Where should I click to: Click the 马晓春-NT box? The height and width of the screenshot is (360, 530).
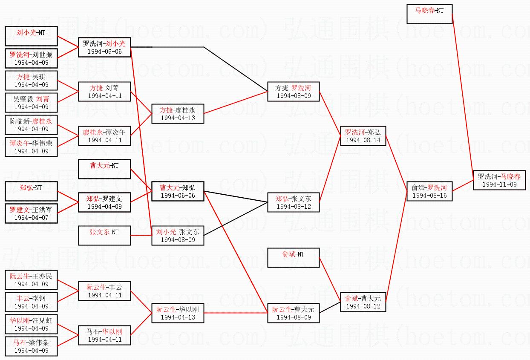[x=429, y=14]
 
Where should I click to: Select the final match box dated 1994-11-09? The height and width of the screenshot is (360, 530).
[x=499, y=180]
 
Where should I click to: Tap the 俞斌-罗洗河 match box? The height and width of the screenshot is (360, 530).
[x=429, y=191]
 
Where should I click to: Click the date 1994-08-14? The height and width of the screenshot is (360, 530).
[x=363, y=140]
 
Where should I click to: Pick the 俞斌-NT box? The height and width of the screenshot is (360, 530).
[x=293, y=258]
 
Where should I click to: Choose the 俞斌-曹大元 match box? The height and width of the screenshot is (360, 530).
[x=363, y=302]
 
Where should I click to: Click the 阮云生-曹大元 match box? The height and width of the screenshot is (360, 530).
[x=293, y=313]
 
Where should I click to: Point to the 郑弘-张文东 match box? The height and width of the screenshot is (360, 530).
[x=293, y=202]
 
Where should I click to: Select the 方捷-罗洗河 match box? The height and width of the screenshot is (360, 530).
[x=293, y=92]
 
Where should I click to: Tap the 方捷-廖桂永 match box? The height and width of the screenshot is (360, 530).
[x=177, y=114]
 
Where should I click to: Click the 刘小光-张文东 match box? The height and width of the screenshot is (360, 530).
[x=177, y=236]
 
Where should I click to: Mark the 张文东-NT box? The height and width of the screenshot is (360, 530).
[x=104, y=236]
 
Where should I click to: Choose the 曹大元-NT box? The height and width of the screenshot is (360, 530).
[x=104, y=169]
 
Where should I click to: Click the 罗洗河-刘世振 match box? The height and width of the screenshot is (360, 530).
[x=31, y=58]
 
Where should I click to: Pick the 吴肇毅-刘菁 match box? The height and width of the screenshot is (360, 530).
[x=31, y=103]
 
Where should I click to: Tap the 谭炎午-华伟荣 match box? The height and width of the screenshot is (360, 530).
[x=31, y=147]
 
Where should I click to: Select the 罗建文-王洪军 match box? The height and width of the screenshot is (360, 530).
[x=31, y=213]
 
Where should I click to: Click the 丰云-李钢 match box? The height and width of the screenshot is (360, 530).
[x=31, y=302]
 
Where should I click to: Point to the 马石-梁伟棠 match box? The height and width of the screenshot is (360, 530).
[x=31, y=346]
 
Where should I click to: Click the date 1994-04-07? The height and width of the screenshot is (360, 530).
[x=31, y=218]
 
